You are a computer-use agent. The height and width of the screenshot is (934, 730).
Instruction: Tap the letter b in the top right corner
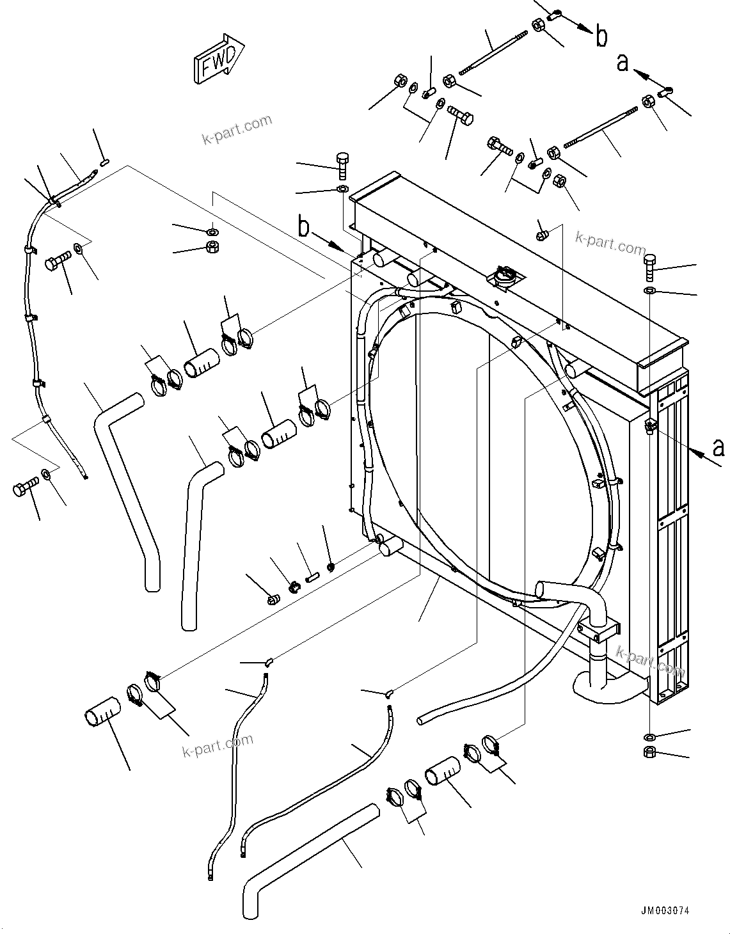(601, 36)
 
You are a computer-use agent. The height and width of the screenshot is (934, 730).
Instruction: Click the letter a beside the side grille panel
(719, 447)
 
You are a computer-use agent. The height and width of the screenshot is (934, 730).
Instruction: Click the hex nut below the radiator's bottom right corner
(649, 752)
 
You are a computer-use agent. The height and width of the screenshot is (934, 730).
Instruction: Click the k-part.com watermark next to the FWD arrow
(237, 130)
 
